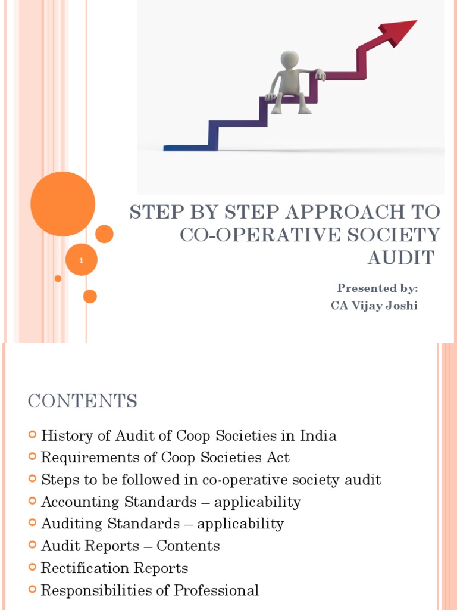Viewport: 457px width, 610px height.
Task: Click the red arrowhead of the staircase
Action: [399, 30]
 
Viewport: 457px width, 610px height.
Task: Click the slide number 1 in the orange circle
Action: [81, 260]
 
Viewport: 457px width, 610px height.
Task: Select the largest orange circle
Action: [62, 204]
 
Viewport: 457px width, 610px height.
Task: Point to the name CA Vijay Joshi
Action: [374, 306]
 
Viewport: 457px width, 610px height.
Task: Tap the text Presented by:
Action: [377, 288]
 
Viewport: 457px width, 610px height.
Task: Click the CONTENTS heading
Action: [82, 402]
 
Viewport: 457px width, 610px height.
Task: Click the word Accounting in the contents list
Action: [80, 502]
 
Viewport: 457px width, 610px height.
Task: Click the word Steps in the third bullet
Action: [57, 480]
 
